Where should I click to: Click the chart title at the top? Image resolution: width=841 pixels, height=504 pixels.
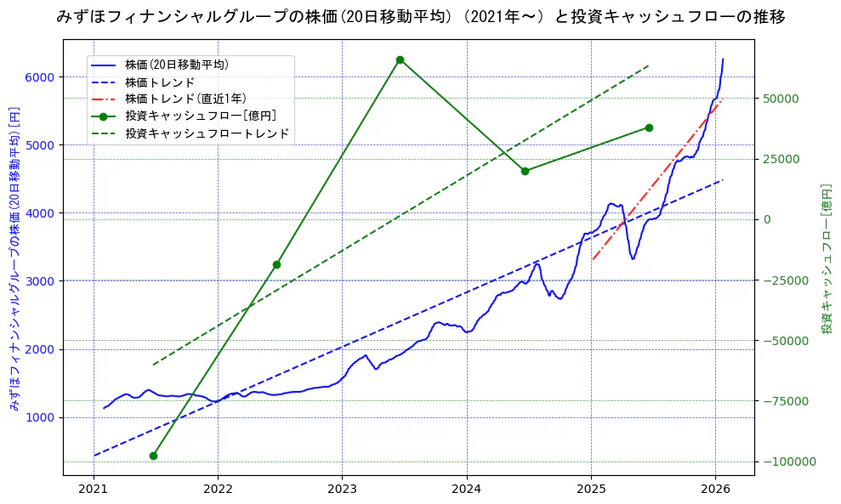click(420, 16)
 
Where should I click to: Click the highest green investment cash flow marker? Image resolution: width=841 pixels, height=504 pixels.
click(400, 60)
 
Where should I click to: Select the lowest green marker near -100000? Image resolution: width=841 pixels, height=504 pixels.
click(153, 456)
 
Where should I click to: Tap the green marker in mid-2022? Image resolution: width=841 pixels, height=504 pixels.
click(276, 264)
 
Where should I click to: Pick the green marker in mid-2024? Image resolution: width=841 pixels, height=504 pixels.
click(525, 171)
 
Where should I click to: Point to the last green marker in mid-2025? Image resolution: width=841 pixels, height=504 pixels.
click(649, 127)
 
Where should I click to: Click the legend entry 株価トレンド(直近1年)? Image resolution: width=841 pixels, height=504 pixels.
click(183, 99)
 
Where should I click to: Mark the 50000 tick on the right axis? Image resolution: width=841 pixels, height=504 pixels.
click(780, 99)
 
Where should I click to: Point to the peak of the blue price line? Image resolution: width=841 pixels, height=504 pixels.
click(723, 59)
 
